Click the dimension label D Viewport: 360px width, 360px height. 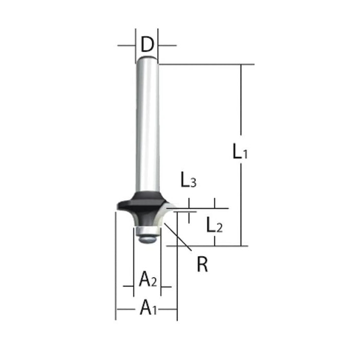147,44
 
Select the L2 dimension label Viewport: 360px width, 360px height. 214,225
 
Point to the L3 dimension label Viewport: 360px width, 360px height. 189,179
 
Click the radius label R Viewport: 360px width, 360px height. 202,264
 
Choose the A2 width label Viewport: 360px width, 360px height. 148,279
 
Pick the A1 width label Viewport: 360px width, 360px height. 148,307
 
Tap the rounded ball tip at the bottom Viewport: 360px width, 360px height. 148,239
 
